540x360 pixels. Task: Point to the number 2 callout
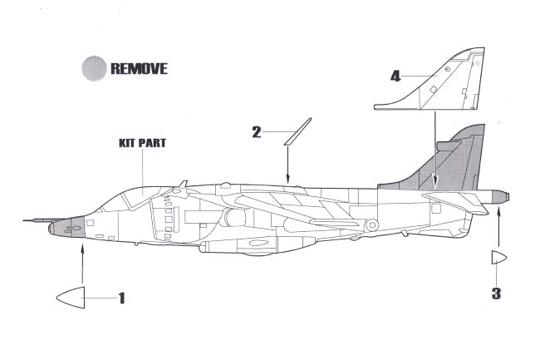coord(257,131)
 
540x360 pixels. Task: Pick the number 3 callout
coord(496,292)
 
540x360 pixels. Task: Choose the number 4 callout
coord(395,76)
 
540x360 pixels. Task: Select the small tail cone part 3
coord(497,258)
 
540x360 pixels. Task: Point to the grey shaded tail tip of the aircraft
coord(500,197)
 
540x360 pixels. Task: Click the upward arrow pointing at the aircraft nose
coord(82,262)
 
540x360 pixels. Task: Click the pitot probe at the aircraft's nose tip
coord(33,221)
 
